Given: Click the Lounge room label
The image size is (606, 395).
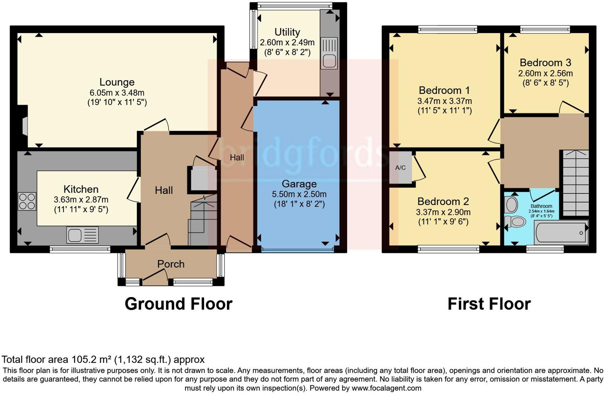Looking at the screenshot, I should click(117, 82).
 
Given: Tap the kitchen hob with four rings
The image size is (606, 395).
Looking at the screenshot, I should click(27, 201).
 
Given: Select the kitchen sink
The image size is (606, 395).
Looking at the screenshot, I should click(82, 235).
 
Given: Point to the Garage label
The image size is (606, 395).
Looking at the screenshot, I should click(299, 184).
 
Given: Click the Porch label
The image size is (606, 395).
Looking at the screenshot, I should click(171, 264).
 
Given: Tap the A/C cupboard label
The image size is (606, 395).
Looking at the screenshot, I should click(400, 168).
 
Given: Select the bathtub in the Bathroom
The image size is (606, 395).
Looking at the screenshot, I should click(561, 232).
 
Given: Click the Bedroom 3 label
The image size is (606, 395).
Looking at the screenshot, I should click(545, 63).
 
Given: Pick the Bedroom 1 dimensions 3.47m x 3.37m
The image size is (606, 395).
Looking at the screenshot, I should click(444, 101).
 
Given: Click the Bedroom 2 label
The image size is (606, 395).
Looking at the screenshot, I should click(443, 201).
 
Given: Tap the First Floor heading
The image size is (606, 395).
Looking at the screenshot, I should click(489, 304).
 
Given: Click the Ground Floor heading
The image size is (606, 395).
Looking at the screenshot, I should click(178, 304).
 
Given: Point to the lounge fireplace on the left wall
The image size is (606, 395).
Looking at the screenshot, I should click(24, 127).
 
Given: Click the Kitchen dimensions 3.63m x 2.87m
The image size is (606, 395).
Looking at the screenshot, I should click(81, 199).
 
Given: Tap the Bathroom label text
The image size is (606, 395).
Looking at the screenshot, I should click(541, 206).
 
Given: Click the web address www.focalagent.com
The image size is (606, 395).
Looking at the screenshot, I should click(386, 388).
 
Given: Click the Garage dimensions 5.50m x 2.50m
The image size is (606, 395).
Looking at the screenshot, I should click(299, 194).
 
